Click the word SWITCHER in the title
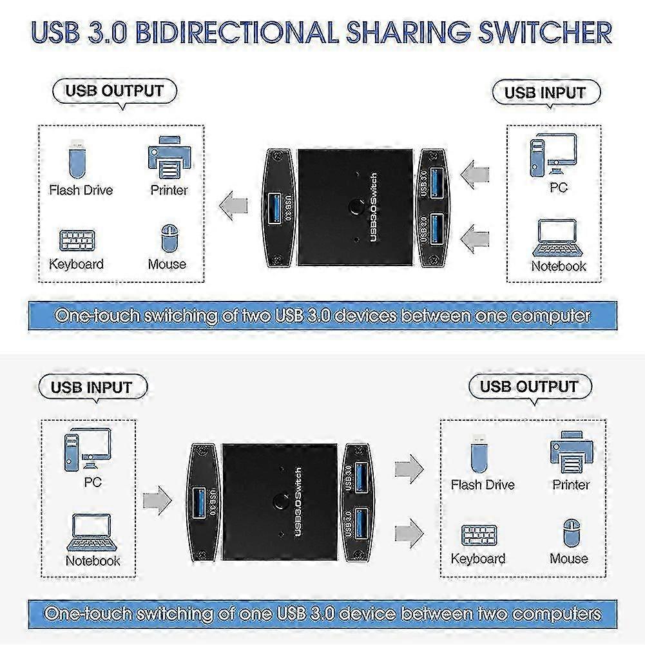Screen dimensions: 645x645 click(546, 32)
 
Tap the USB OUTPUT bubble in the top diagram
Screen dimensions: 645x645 click(115, 91)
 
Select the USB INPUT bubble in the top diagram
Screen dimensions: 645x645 click(546, 93)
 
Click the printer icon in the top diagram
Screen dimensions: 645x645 click(169, 158)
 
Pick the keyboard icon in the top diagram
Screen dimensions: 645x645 click(77, 240)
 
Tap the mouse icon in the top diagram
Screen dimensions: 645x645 click(169, 238)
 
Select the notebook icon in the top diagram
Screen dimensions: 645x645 click(556, 238)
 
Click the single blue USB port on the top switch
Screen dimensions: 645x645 click(274, 209)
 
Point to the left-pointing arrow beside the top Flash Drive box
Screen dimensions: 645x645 click(233, 206)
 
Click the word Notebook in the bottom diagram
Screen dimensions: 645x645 click(93, 561)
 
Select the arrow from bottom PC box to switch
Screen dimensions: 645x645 click(157, 501)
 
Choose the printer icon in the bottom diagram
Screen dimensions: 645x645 click(572, 452)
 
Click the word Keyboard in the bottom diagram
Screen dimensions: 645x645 click(478, 559)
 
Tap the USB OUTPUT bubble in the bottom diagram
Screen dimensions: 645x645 click(530, 387)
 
